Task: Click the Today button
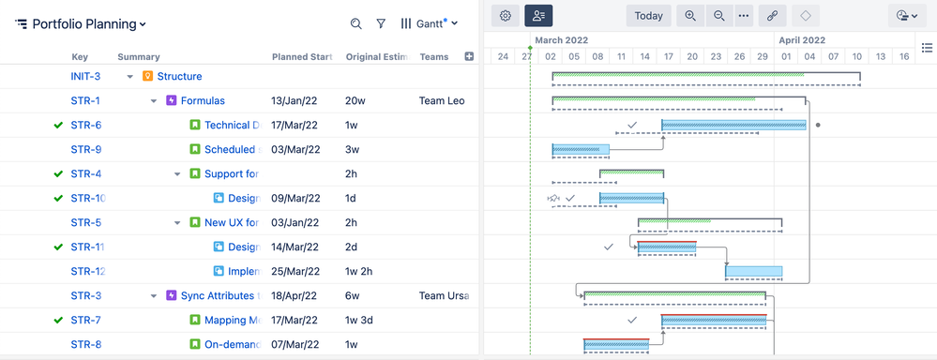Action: (x=648, y=16)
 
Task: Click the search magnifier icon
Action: (x=355, y=24)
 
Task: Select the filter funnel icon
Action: (x=381, y=24)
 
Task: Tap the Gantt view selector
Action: (x=429, y=24)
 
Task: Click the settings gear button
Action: (x=506, y=16)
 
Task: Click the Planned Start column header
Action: (x=302, y=57)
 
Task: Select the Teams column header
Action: (x=433, y=57)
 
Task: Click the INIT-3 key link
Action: (x=85, y=77)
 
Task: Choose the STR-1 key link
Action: (x=85, y=101)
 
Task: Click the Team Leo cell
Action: (x=442, y=101)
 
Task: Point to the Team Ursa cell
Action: (x=445, y=296)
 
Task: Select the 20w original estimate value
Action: (x=355, y=101)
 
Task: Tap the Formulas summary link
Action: (x=203, y=101)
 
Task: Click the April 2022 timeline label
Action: (x=802, y=40)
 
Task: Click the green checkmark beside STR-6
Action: (x=58, y=126)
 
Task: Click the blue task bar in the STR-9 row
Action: (x=581, y=150)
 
